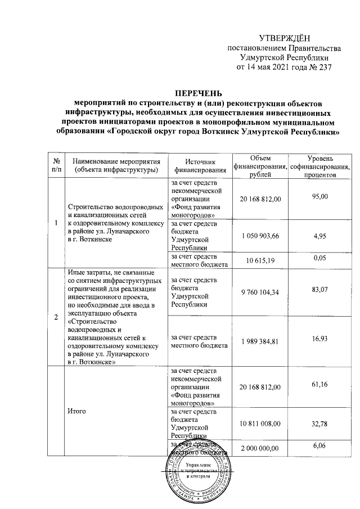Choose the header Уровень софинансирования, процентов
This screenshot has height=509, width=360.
(319, 164)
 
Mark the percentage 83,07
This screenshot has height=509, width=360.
(319, 290)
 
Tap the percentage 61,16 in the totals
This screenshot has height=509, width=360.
(319, 386)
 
